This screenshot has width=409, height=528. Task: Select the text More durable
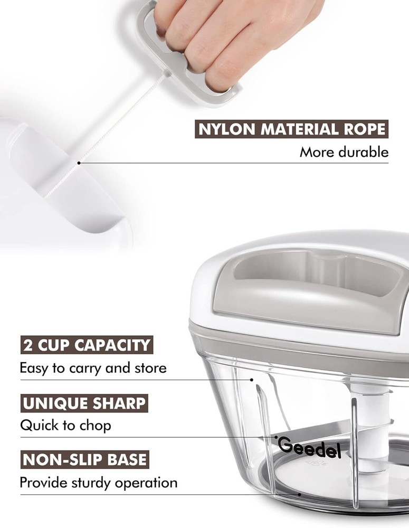click(x=344, y=153)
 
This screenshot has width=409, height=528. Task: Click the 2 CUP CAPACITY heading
click(x=87, y=345)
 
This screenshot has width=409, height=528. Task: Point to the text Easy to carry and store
click(x=93, y=367)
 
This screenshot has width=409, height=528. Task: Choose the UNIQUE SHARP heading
click(x=84, y=403)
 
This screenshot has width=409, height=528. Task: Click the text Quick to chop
click(x=65, y=425)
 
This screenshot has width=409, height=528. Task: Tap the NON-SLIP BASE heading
click(x=84, y=459)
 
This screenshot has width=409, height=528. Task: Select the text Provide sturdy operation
click(x=98, y=482)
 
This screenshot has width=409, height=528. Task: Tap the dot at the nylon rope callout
click(x=79, y=163)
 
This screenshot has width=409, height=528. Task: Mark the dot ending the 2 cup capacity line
click(x=252, y=379)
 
